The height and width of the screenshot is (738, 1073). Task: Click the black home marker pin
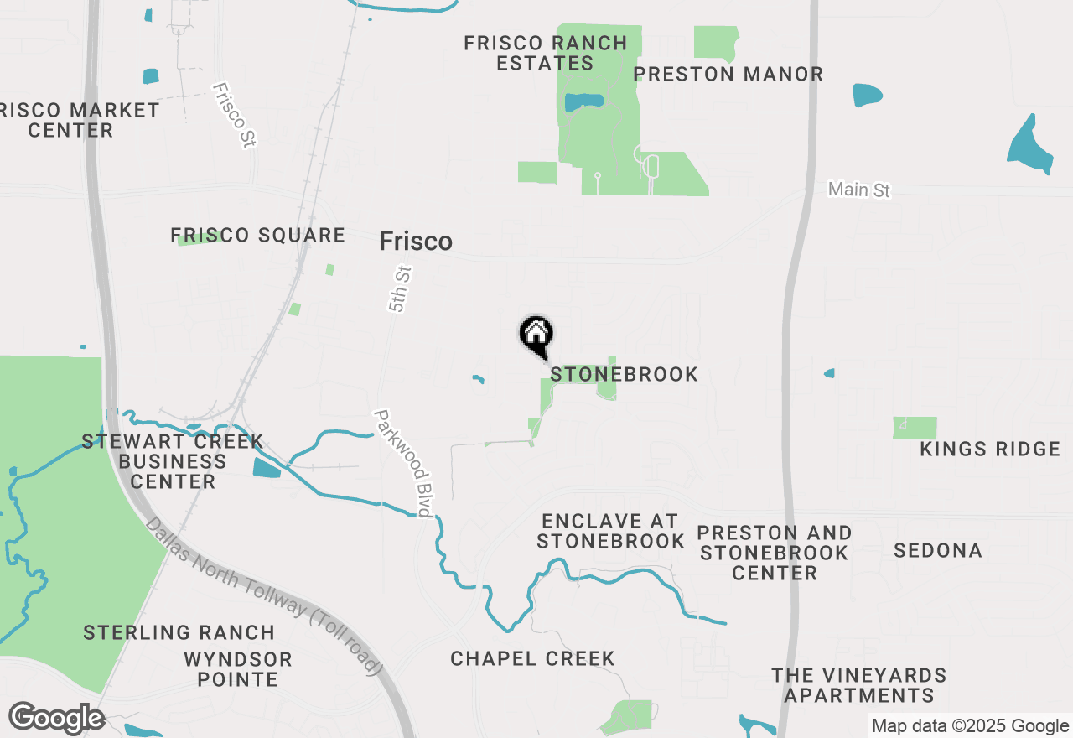click(x=536, y=336)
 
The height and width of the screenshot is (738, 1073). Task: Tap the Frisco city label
click(x=416, y=242)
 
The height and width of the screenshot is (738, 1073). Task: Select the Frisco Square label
click(x=258, y=236)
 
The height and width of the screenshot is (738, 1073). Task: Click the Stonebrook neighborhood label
click(x=625, y=374)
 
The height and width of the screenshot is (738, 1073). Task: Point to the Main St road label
click(x=858, y=190)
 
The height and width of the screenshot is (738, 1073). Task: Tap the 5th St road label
click(x=402, y=289)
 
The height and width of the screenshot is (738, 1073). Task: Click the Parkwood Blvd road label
click(x=404, y=463)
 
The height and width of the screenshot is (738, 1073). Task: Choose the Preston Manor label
click(x=728, y=74)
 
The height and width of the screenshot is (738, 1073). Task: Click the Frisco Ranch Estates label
click(x=546, y=53)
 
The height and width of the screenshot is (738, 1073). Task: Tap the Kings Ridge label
click(x=990, y=450)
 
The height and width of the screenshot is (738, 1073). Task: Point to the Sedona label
click(x=937, y=551)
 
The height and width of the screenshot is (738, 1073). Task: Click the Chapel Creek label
click(x=532, y=659)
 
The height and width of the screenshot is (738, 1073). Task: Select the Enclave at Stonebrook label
click(x=610, y=531)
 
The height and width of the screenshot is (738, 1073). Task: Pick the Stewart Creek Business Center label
click(x=173, y=461)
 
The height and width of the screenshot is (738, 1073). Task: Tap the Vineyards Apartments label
click(x=859, y=685)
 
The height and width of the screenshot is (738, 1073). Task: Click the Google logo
click(x=57, y=719)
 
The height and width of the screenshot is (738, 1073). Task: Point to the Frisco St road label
click(x=234, y=115)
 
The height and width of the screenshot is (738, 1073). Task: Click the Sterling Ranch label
click(x=179, y=632)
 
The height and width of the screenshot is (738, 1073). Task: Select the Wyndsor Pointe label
click(x=238, y=669)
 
